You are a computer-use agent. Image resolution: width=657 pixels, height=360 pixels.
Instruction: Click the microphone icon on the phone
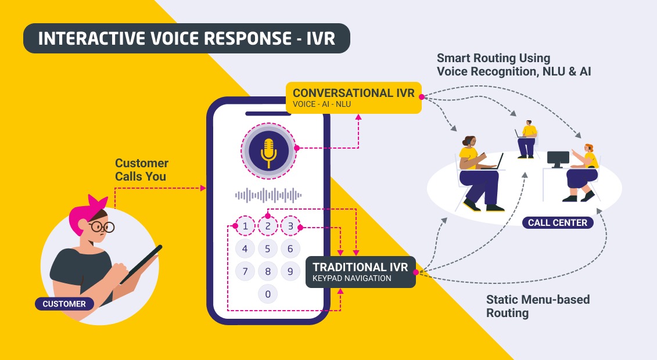click(268, 149)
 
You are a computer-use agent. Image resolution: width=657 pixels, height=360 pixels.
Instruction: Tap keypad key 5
click(268, 249)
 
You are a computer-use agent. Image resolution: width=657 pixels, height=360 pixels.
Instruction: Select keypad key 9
click(290, 271)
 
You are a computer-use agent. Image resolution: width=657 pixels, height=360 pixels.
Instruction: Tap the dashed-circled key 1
click(245, 226)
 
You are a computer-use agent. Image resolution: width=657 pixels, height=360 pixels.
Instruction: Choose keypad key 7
click(245, 271)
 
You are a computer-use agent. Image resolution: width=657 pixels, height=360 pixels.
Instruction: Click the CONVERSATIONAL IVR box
click(354, 98)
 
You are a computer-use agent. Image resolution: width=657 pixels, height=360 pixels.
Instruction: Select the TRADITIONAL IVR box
click(360, 272)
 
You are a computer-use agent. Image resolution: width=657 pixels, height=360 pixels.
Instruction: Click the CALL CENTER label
click(557, 222)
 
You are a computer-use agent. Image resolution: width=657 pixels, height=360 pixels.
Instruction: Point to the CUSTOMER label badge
click(64, 304)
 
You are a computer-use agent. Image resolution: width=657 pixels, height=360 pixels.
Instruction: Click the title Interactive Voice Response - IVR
click(186, 38)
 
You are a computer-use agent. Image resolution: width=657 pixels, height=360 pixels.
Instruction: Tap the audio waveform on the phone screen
click(268, 195)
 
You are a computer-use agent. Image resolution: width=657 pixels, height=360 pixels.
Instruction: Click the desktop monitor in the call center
click(558, 158)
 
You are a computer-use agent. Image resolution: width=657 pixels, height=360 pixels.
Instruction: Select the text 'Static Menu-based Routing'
click(537, 306)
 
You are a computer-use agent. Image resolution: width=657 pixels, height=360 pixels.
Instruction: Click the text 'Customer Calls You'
click(141, 170)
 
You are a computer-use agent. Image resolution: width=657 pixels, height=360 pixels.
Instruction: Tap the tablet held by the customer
click(141, 264)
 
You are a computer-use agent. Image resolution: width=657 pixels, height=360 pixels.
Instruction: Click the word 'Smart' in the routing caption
click(454, 59)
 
